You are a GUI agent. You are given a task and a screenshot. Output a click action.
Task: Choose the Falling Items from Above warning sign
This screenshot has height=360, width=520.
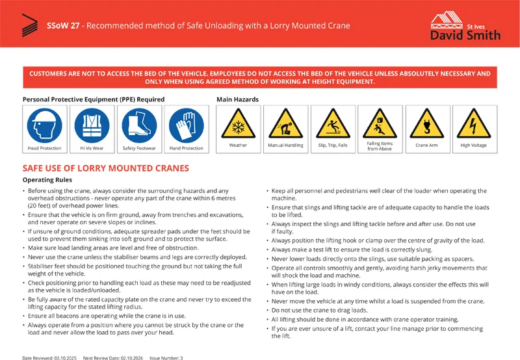pos(380,122)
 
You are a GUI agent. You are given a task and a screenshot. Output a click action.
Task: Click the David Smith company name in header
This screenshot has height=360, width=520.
pos(465,34)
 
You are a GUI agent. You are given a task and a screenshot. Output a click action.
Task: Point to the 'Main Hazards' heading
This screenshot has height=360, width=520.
pos(237,99)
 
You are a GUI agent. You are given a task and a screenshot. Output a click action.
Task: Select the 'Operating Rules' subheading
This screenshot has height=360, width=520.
pos(47,179)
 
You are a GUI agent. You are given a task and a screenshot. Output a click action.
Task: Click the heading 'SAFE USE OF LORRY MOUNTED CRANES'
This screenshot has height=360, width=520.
pos(106,168)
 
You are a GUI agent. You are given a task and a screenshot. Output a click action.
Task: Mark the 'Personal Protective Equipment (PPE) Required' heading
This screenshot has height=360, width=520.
pos(94,99)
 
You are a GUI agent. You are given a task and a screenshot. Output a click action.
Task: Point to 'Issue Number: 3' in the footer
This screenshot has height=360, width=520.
pos(166,357)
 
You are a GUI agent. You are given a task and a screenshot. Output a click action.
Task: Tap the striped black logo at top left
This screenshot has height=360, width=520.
pos(29,25)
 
